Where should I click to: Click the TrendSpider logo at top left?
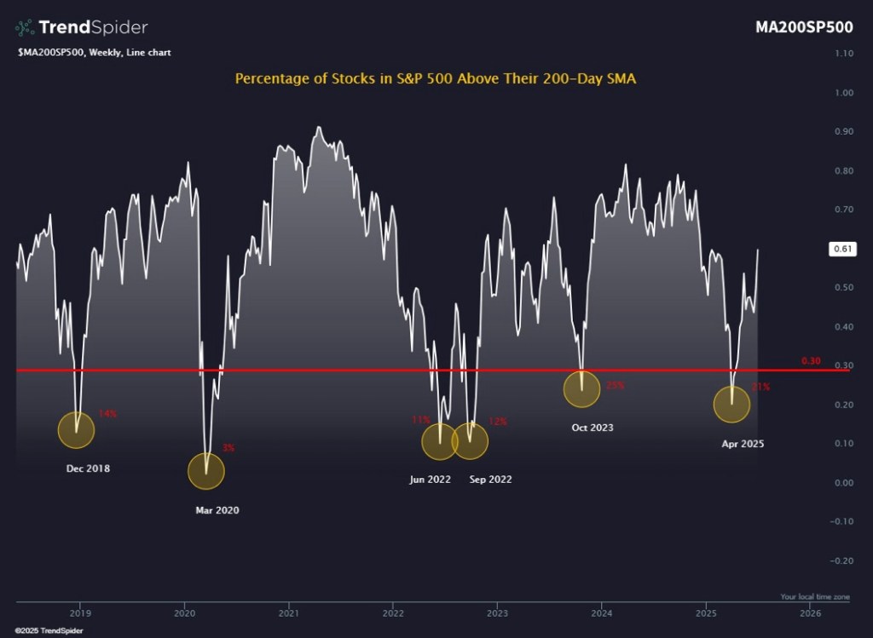point(81,27)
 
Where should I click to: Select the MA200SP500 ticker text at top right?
point(804,26)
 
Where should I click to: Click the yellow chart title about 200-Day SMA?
point(436,78)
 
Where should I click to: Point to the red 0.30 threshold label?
point(810,361)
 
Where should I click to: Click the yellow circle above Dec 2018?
point(76,429)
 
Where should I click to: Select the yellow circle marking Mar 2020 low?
point(205,471)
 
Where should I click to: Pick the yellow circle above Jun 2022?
point(440,441)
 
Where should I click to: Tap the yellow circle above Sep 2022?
point(470,441)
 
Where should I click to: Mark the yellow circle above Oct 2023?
point(581,389)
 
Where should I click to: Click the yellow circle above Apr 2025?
point(731,405)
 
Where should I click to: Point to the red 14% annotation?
point(107,414)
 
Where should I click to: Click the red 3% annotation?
point(228,448)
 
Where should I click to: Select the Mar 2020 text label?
point(217,510)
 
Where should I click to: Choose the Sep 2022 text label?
point(490,480)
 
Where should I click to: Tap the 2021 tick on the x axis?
point(289,613)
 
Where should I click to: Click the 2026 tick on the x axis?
point(811,613)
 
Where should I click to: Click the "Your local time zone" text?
point(814,596)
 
